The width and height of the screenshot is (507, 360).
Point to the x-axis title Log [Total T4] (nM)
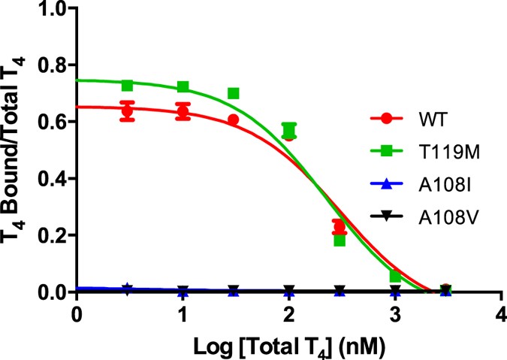click(288, 343)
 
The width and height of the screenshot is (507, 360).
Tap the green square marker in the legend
click(385, 151)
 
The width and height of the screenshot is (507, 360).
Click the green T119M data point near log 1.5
click(234, 93)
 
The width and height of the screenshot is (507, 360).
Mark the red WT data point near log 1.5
click(234, 119)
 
